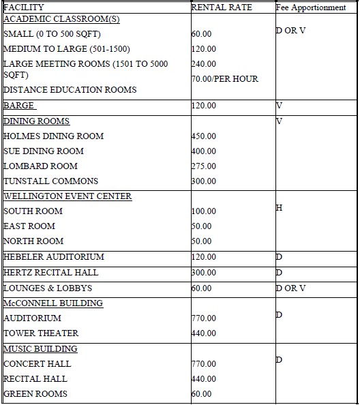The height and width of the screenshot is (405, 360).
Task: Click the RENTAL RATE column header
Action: (x=222, y=7)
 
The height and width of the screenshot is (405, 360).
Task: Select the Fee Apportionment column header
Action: (x=312, y=7)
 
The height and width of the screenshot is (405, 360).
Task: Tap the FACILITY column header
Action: (x=24, y=7)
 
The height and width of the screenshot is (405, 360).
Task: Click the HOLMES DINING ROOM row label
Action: (x=54, y=136)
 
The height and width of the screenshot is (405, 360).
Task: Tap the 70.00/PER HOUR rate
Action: (x=225, y=79)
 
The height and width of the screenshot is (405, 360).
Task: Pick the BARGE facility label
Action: (x=19, y=106)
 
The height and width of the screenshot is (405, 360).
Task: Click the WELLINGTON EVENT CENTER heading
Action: (x=67, y=196)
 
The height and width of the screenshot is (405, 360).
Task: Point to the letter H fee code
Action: (x=279, y=207)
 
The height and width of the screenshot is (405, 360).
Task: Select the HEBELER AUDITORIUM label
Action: (x=54, y=257)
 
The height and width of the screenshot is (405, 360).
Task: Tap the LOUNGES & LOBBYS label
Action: (x=48, y=288)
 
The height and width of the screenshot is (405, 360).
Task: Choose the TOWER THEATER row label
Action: (x=41, y=333)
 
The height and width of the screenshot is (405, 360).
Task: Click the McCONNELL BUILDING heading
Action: (x=53, y=303)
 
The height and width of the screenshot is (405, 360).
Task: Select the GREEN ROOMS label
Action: (x=35, y=394)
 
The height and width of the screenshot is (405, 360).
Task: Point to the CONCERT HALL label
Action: (x=37, y=364)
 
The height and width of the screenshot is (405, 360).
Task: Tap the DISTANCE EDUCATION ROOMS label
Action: (x=70, y=90)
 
